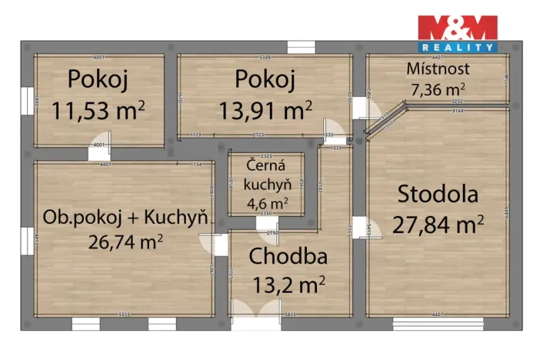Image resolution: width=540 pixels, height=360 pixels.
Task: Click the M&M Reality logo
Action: tap(457, 33)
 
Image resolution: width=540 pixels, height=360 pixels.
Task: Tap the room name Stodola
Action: tap(438, 195)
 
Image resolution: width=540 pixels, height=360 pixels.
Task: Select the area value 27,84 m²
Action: tap(438, 224)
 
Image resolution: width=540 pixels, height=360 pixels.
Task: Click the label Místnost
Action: tap(438, 69)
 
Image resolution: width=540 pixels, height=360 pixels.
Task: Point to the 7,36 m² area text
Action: tap(438, 88)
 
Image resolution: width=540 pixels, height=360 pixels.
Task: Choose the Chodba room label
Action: tap(288, 257)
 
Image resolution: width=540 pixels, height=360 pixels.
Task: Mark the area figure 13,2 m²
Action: tap(288, 285)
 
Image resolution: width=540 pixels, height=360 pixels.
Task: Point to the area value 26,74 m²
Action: tap(125, 242)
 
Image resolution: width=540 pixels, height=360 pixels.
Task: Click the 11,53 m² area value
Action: tap(99, 109)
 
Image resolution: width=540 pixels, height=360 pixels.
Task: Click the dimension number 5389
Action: tap(266, 58)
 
